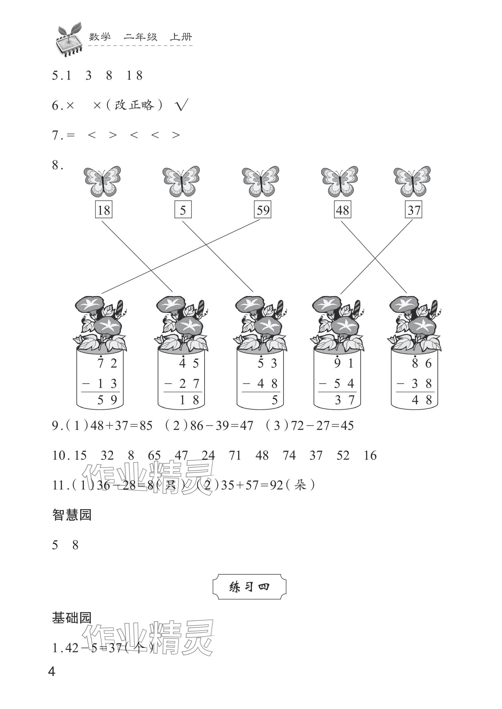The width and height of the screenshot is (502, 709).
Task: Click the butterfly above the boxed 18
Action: click(x=102, y=181)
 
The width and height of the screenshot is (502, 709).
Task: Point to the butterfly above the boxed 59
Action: click(x=260, y=181)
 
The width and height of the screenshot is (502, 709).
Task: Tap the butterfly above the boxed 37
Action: click(x=412, y=181)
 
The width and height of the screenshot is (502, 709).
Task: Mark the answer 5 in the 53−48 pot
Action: click(x=275, y=400)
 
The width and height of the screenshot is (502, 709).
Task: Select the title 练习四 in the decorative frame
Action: click(x=249, y=587)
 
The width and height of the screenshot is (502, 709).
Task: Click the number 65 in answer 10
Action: click(x=154, y=455)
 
